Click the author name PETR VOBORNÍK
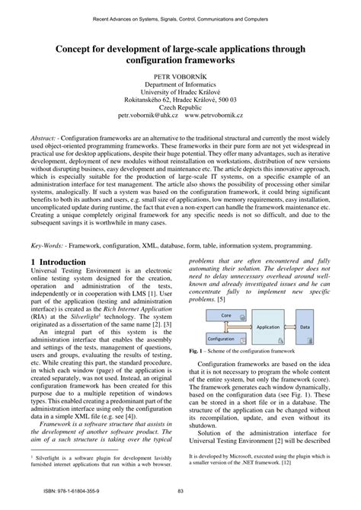[180, 77]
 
